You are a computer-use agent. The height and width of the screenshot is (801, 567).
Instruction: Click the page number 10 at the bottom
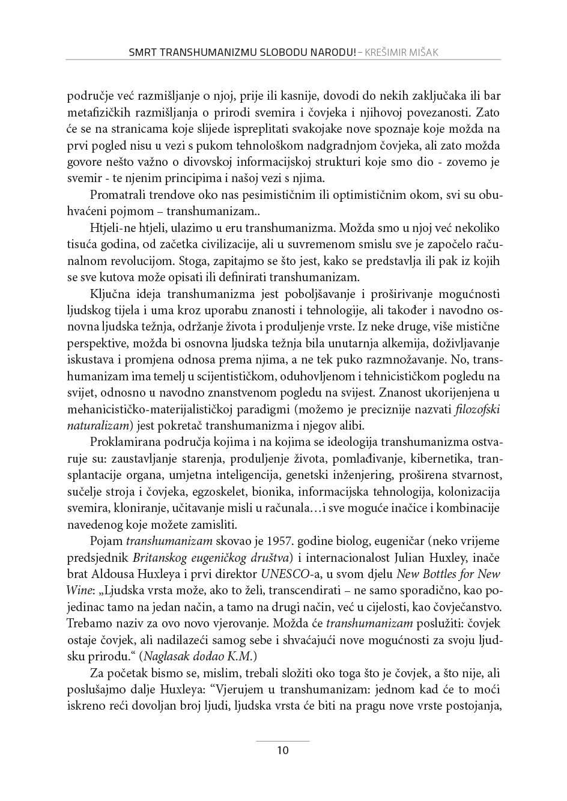coord(283,750)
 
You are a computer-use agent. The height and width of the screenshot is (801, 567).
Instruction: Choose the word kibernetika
coord(443,459)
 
